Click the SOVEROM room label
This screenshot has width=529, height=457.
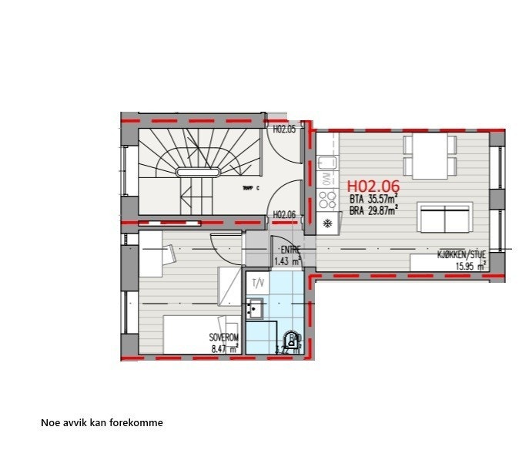click(x=224, y=338)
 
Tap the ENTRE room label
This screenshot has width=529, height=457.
click(x=290, y=249)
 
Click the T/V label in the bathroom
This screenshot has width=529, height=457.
click(x=257, y=283)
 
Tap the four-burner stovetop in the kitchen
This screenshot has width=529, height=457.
click(x=327, y=200)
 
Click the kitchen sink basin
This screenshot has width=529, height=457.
click(x=326, y=163)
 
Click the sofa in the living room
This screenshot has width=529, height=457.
click(x=444, y=218)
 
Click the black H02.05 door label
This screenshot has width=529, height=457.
click(x=284, y=129)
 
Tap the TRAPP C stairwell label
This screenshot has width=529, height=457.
click(x=250, y=188)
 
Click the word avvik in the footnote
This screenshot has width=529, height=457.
click(x=75, y=423)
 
